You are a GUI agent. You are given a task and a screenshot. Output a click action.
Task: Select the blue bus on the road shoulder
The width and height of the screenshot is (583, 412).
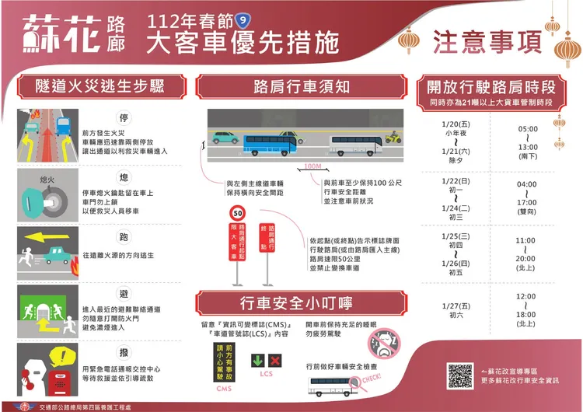click(x=271, y=143)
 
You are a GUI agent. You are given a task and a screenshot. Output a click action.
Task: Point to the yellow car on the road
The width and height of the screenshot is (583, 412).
click(x=392, y=138)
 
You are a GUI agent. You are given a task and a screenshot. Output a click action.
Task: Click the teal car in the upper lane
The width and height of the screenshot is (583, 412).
click(x=225, y=138)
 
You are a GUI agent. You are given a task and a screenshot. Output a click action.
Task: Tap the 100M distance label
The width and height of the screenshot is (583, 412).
click(x=312, y=166)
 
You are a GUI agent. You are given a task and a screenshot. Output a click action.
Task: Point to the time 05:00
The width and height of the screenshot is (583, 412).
click(x=528, y=129)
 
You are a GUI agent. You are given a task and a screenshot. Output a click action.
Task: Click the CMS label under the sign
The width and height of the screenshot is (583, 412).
click(x=224, y=387)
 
